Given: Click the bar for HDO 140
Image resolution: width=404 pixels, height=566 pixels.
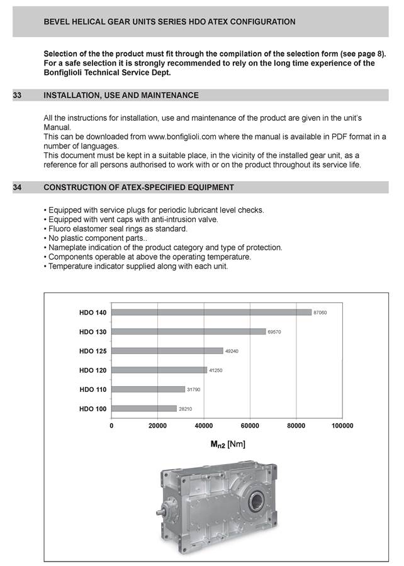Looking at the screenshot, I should click(211, 312).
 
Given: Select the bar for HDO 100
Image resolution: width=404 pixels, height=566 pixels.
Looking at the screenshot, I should click(144, 408).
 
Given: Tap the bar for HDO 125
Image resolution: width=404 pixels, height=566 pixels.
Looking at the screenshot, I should click(167, 350).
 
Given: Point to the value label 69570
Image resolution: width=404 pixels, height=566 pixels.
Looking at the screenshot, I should click(274, 331).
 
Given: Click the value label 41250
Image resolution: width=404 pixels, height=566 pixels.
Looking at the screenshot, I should click(215, 370).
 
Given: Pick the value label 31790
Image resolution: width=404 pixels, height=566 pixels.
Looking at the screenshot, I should click(194, 389).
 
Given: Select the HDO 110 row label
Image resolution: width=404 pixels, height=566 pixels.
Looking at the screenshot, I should click(93, 389).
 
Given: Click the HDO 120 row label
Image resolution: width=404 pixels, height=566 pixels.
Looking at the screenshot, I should click(93, 370).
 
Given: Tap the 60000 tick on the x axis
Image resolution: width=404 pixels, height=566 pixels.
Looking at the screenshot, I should click(250, 426).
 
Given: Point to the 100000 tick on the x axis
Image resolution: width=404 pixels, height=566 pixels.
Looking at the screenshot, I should click(342, 426).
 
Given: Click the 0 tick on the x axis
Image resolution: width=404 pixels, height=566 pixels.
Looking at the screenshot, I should click(111, 426).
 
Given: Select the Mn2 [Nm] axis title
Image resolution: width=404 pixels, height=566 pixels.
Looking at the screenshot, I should click(228, 445).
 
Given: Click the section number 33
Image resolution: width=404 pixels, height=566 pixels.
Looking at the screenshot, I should click(18, 96).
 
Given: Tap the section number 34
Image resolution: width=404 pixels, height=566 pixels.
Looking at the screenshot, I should click(18, 187).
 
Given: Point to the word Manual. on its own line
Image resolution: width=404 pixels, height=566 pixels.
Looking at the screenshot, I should click(57, 127).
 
